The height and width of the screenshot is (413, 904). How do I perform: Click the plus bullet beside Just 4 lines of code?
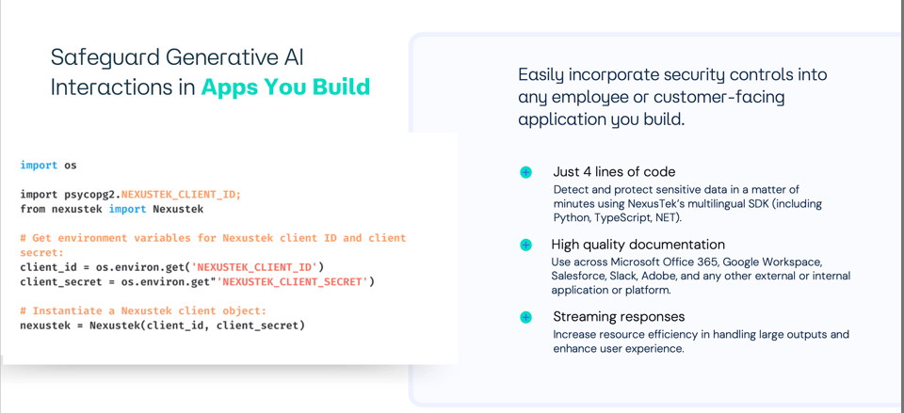[x=525, y=172]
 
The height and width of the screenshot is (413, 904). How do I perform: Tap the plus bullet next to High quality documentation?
[x=525, y=245]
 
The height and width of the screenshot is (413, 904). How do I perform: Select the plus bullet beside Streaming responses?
[x=525, y=317]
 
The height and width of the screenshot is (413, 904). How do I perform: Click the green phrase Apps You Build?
[x=285, y=87]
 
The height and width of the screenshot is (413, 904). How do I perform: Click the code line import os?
[x=49, y=166]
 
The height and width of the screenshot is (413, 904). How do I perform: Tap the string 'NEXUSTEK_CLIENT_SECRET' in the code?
[x=293, y=282]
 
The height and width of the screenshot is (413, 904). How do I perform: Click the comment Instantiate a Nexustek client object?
[x=143, y=311]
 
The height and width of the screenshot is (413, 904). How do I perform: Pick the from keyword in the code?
[x=33, y=209]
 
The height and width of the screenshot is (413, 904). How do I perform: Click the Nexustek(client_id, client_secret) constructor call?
[x=197, y=326]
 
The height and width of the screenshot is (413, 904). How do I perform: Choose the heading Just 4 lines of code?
[x=614, y=172]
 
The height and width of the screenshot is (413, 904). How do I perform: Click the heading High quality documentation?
[x=638, y=245]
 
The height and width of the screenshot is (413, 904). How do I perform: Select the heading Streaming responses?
[x=619, y=317]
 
